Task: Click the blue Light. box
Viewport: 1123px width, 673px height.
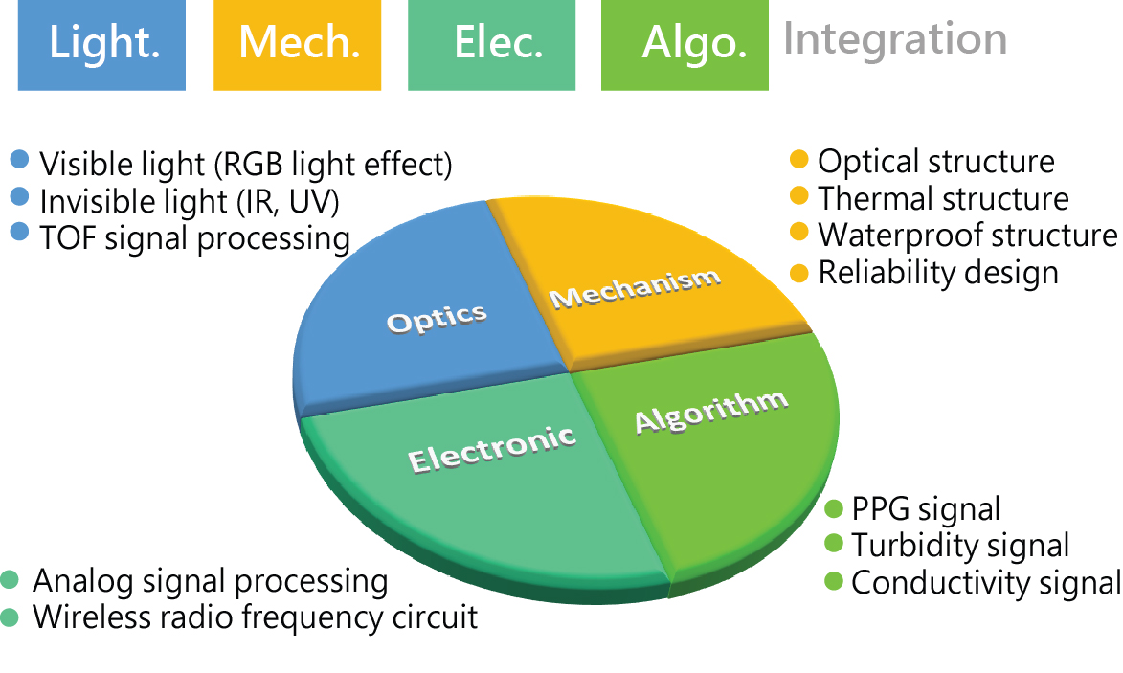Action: pyautogui.click(x=101, y=44)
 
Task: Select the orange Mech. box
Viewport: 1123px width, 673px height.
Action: pyautogui.click(x=297, y=44)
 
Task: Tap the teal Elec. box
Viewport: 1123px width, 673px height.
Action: pyautogui.click(x=491, y=44)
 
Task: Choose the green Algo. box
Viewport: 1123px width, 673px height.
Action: pyautogui.click(x=685, y=44)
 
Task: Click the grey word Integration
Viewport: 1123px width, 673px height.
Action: pyautogui.click(x=895, y=38)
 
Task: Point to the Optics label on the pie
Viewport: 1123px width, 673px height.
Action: pyautogui.click(x=437, y=319)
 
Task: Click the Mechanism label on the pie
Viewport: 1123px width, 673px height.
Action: pyautogui.click(x=635, y=287)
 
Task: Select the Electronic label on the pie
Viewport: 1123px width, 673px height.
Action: pyautogui.click(x=492, y=448)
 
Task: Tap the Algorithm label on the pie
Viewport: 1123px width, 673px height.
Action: pyautogui.click(x=711, y=412)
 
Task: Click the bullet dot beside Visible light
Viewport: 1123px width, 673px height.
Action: pyautogui.click(x=20, y=159)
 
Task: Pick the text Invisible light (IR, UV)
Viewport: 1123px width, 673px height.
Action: pyautogui.click(x=189, y=202)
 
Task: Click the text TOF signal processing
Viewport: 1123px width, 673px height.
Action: pyautogui.click(x=194, y=238)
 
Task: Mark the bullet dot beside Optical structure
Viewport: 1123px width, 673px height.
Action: pyautogui.click(x=798, y=159)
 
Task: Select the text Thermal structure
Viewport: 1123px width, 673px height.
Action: pyautogui.click(x=943, y=198)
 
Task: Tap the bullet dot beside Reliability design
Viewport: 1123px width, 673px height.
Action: pyautogui.click(x=798, y=273)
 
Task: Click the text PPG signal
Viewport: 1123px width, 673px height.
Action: pyautogui.click(x=926, y=510)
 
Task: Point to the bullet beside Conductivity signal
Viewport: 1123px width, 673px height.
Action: pyautogui.click(x=834, y=581)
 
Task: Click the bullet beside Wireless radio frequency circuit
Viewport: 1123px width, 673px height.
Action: pyautogui.click(x=10, y=617)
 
